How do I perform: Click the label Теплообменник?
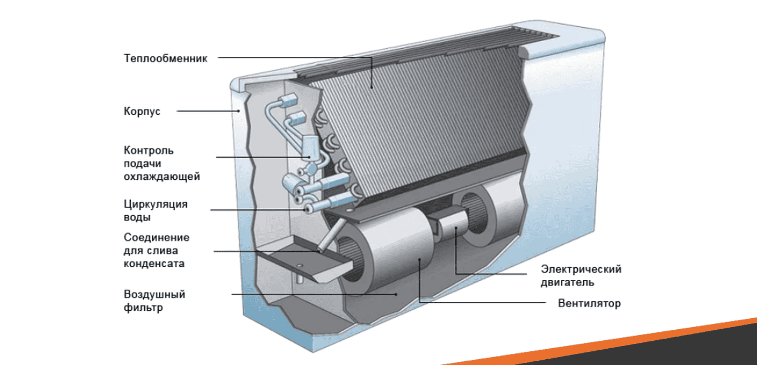point(166,58)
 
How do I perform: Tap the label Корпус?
point(142,111)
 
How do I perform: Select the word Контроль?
point(149,150)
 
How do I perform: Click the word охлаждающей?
point(162,177)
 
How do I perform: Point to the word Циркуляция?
point(156,204)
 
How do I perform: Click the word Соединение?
point(157,238)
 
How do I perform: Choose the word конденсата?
point(154,263)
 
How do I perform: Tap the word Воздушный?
point(155,294)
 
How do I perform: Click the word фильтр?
point(144,307)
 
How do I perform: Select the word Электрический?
point(581,269)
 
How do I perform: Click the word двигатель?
point(568,282)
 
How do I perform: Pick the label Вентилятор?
point(589,303)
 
